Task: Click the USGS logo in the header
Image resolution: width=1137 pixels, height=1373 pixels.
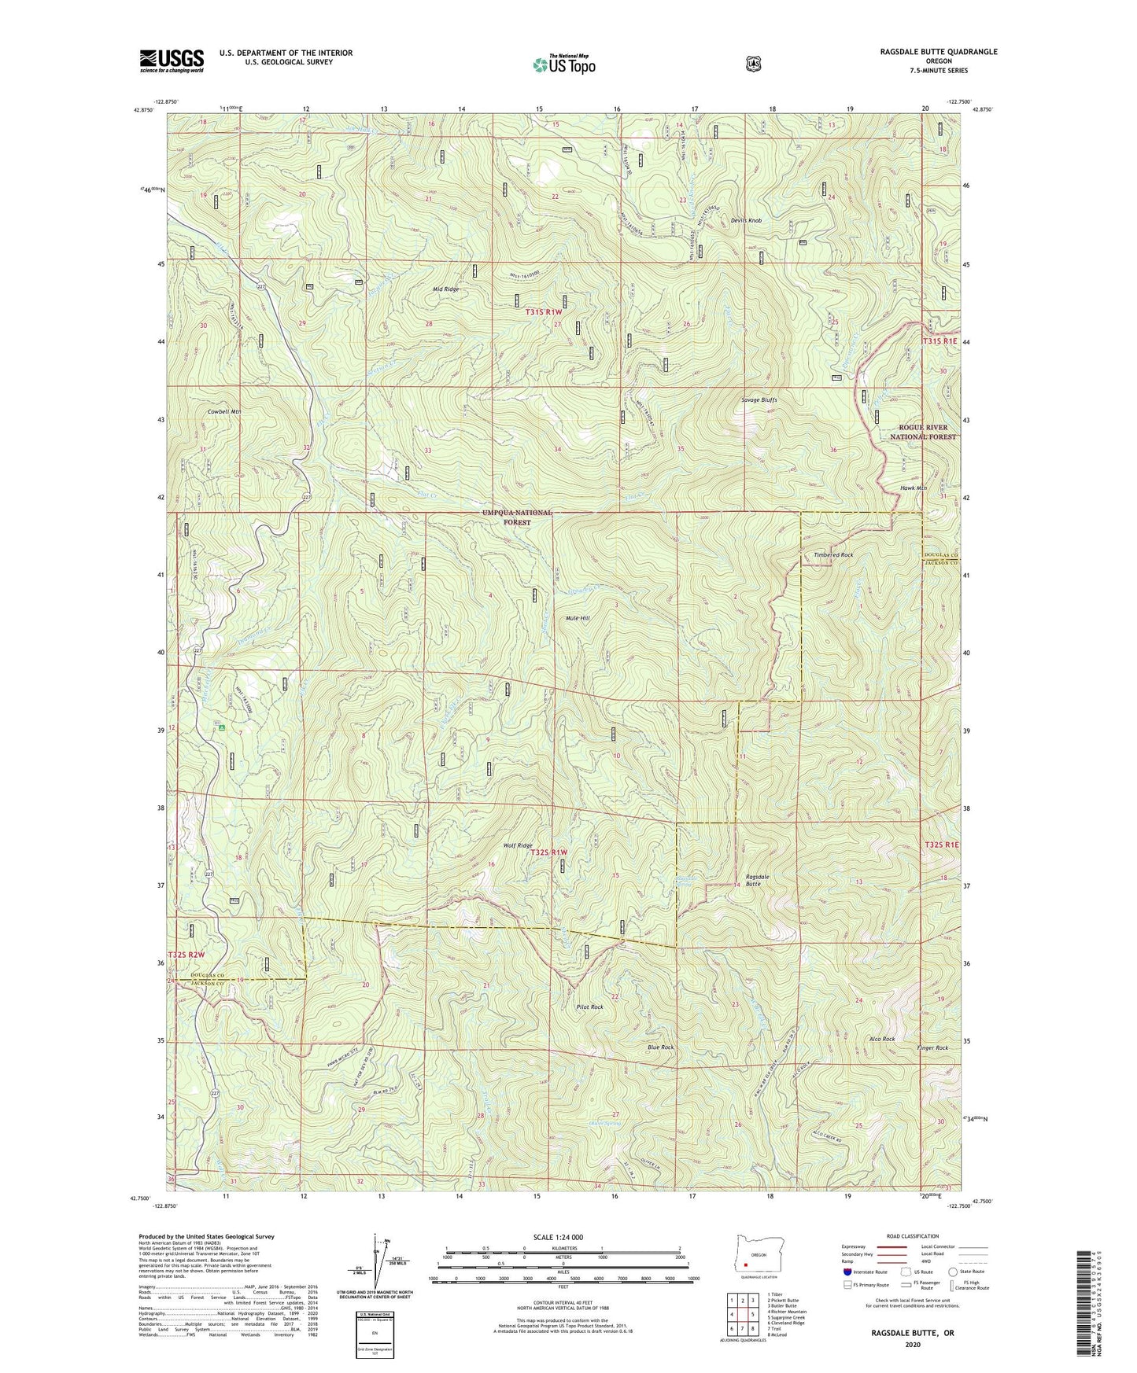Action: coord(172,61)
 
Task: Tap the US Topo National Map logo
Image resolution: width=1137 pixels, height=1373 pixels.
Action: coord(563,64)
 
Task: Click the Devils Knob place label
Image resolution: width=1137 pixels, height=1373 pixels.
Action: coord(745,220)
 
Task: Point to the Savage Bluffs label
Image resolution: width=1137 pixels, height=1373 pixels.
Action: coord(759,400)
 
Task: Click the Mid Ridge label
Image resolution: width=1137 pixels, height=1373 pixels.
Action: coord(445,289)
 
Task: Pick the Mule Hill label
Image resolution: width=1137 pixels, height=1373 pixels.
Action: coord(578,618)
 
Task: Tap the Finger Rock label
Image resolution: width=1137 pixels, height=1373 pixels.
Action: coord(932,1048)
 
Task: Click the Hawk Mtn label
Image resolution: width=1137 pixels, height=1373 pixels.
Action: coord(914,488)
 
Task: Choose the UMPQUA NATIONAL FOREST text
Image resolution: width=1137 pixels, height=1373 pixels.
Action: coord(517,517)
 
